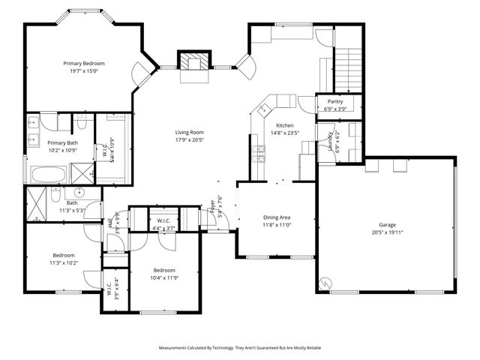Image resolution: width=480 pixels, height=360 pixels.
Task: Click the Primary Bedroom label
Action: tap(84, 64)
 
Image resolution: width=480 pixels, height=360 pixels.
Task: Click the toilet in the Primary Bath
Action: tap(82, 120)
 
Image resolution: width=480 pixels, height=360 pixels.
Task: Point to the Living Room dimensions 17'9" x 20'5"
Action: tap(190, 139)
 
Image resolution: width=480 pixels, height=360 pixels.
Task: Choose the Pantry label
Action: tap(335, 101)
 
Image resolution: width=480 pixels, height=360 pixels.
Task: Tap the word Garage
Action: tap(387, 224)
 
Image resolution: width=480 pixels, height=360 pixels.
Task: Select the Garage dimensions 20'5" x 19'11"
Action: tap(387, 232)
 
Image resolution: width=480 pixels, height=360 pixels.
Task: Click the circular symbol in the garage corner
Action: tap(326, 283)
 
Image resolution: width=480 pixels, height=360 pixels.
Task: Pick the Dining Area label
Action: tap(276, 217)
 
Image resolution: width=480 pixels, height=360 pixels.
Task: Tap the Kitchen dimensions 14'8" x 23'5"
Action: tap(284, 133)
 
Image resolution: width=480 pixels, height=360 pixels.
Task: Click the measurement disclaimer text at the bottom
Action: tap(238, 348)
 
